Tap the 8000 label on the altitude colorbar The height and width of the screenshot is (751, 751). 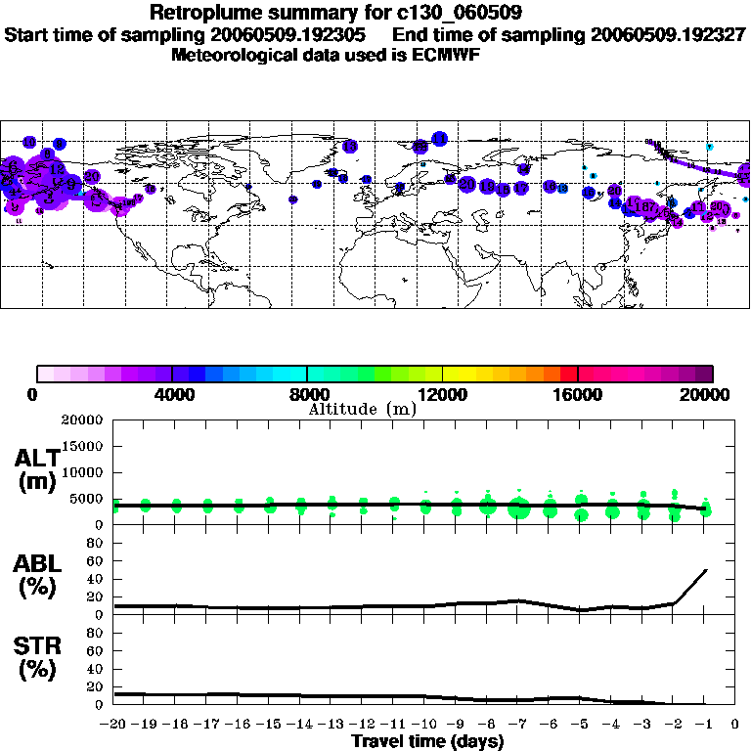307,394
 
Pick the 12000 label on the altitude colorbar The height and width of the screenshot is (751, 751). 443,394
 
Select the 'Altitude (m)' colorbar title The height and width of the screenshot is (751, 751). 362,409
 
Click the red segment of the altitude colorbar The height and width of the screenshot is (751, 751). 568,374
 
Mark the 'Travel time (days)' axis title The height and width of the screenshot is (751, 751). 427,741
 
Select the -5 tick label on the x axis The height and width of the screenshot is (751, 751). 579,725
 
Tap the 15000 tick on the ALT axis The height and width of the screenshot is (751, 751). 83,446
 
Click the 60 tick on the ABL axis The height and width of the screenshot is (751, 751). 96,579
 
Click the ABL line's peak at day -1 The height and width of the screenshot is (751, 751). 706,569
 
